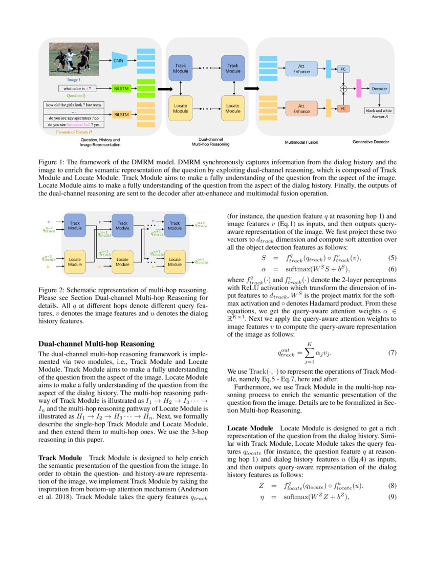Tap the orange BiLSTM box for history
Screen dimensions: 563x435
click(121, 114)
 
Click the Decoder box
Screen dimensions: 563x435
click(379, 89)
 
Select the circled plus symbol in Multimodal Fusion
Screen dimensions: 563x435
click(343, 89)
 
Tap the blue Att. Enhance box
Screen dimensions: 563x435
click(301, 68)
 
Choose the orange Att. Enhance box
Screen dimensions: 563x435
click(301, 109)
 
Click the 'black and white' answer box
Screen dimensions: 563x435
click(379, 110)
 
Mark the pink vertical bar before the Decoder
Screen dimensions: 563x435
click(359, 88)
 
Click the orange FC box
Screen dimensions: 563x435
click(343, 109)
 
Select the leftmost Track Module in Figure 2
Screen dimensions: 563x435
click(75, 225)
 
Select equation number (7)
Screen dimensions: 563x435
click(392, 353)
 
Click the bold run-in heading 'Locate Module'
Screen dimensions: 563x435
click(250, 427)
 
